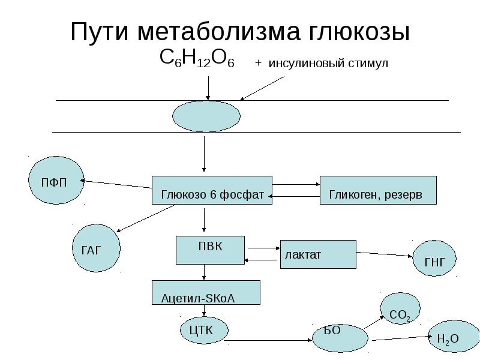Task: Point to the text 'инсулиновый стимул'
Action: (328, 64)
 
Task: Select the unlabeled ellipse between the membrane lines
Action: (206, 116)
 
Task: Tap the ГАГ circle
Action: (95, 248)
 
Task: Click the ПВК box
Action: (210, 250)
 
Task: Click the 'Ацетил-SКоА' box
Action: (206, 293)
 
